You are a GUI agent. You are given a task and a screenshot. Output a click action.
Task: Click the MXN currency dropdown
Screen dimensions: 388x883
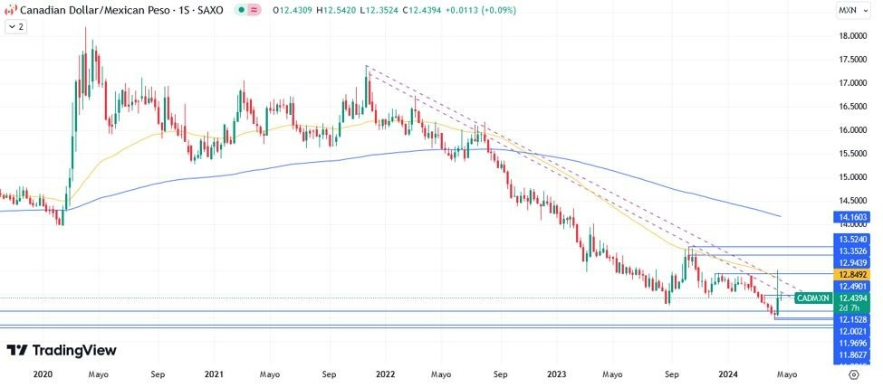(x=852, y=10)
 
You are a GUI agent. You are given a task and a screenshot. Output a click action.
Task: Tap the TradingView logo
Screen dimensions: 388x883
(x=62, y=350)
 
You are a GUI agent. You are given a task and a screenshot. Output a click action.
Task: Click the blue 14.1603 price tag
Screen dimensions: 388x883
(x=853, y=217)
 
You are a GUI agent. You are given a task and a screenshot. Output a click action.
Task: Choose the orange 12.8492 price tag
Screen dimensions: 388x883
(x=853, y=274)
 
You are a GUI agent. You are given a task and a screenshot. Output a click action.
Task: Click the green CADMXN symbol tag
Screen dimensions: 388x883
(x=812, y=298)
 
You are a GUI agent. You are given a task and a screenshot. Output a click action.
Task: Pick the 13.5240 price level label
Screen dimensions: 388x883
(x=853, y=239)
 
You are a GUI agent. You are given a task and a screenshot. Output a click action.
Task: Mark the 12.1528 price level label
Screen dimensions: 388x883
(x=853, y=320)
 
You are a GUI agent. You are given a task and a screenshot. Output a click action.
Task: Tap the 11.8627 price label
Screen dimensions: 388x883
(x=853, y=355)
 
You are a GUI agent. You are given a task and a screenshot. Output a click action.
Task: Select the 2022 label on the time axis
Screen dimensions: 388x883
(x=385, y=373)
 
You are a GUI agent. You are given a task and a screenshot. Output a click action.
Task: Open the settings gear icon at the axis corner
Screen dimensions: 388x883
(x=854, y=373)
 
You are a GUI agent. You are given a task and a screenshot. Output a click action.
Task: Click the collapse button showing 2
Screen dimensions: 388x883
(x=15, y=27)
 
